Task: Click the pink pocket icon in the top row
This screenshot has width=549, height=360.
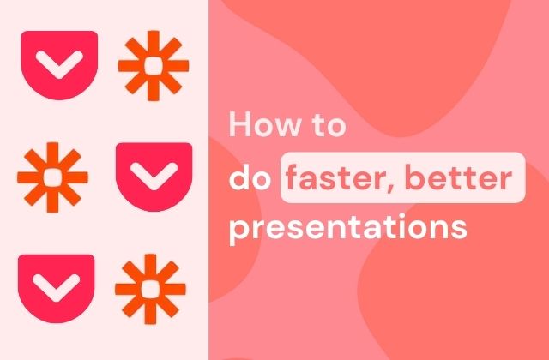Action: [x=59, y=65]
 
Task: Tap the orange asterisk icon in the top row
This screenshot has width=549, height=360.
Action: [x=154, y=66]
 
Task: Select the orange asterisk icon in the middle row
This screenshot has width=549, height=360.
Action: [x=52, y=177]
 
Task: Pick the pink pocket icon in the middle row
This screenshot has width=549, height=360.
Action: [x=154, y=177]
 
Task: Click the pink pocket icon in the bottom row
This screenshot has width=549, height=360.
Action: [x=56, y=288]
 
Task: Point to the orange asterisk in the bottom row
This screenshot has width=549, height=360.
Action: [x=150, y=289]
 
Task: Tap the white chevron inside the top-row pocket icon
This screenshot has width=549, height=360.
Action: [x=59, y=64]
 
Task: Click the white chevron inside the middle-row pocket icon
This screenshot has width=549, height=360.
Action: [x=154, y=176]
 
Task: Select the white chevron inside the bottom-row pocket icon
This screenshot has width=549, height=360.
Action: [x=56, y=288]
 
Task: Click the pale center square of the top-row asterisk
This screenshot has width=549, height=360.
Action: [x=154, y=66]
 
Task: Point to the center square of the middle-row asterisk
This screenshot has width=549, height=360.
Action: [x=52, y=177]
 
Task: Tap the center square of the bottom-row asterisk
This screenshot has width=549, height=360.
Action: [x=150, y=289]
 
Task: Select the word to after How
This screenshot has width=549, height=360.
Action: [x=329, y=125]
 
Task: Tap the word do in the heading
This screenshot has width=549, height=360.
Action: [x=250, y=177]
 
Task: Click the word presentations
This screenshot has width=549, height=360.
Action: [x=348, y=228]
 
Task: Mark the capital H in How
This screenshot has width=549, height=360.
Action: [x=240, y=124]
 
